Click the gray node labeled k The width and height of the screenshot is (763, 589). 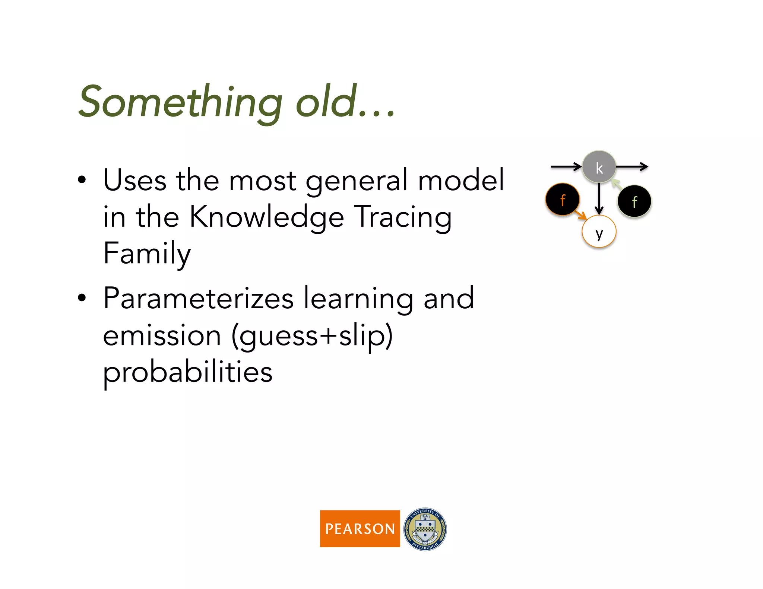[x=599, y=167]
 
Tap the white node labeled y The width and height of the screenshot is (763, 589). [x=599, y=232]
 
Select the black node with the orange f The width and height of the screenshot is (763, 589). [x=563, y=199]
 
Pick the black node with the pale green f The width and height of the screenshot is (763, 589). [x=634, y=201]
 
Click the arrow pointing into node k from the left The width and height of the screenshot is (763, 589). [x=566, y=166]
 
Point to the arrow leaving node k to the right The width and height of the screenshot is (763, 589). [x=632, y=166]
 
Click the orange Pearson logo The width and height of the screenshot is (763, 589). [x=360, y=528]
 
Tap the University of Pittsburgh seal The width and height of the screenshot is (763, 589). [x=425, y=529]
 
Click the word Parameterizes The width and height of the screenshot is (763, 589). [x=198, y=299]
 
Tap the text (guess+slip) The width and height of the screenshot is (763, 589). [x=312, y=336]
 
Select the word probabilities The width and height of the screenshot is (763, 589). [x=188, y=372]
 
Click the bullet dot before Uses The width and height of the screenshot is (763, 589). [x=82, y=180]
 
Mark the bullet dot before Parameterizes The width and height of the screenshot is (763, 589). [x=82, y=298]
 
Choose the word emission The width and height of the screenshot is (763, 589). [x=162, y=336]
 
